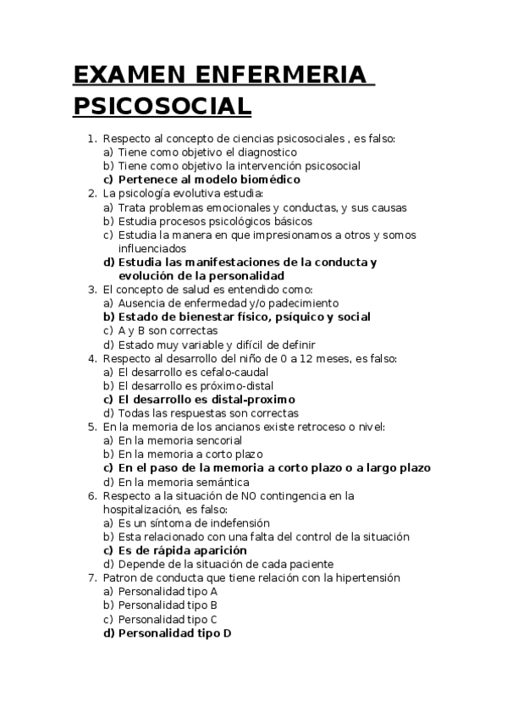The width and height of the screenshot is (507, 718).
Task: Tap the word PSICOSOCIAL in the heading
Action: (x=162, y=107)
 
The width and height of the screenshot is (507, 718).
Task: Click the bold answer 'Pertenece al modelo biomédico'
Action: (x=208, y=179)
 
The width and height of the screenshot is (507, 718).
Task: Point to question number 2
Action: (x=92, y=194)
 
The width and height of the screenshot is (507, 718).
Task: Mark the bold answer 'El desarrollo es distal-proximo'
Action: (x=206, y=399)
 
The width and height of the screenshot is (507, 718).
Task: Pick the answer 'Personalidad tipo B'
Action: (x=168, y=605)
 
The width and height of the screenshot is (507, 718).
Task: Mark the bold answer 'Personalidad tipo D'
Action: (x=174, y=632)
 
